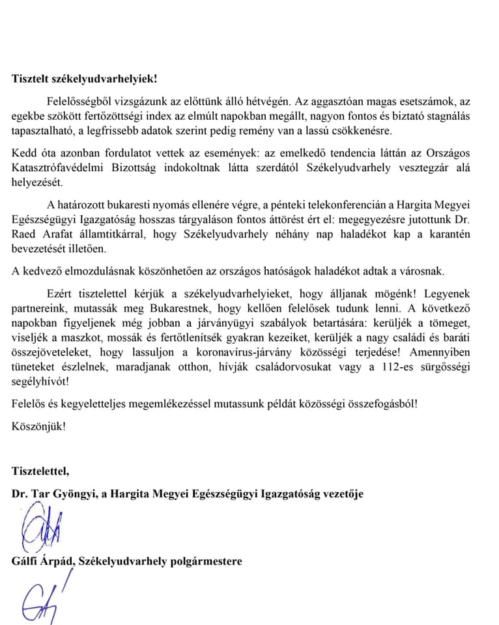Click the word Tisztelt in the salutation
point(30,79)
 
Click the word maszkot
point(82,339)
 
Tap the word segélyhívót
point(40,382)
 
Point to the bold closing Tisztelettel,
point(40,470)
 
